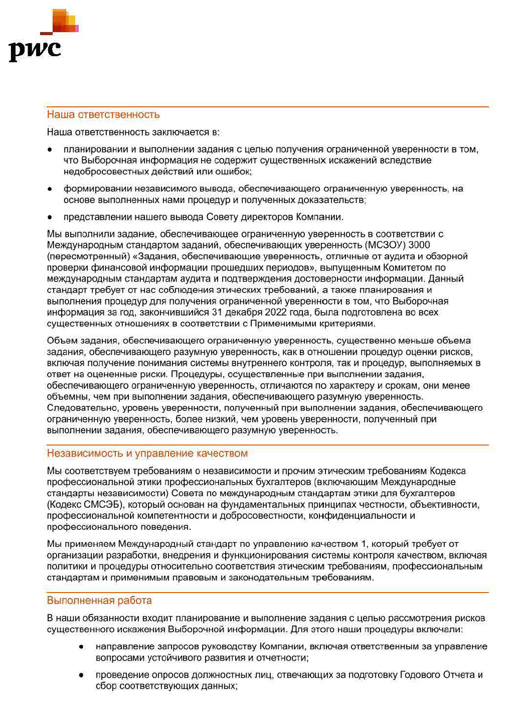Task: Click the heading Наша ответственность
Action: [x=103, y=114]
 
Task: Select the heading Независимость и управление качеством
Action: [x=147, y=454]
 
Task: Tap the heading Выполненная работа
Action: [x=99, y=601]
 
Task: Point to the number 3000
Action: [x=419, y=245]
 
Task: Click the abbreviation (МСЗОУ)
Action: [x=385, y=245]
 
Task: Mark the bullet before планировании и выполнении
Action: [x=50, y=150]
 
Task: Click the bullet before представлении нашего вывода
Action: [x=50, y=217]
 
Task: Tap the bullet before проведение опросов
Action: [x=81, y=675]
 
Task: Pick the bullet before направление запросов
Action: [x=81, y=647]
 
